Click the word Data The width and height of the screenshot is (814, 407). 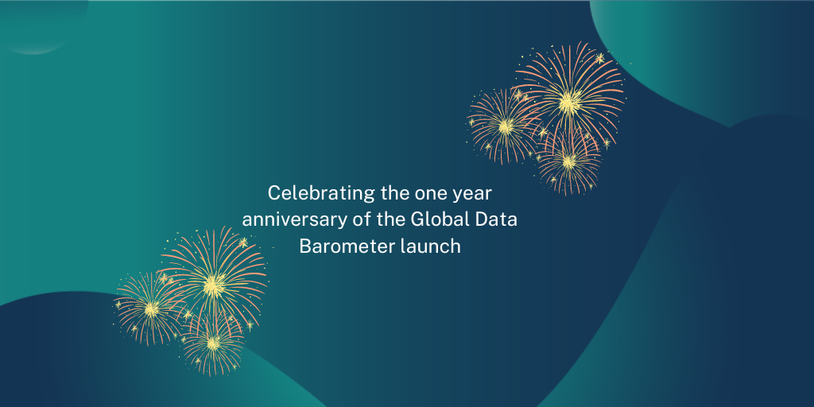click(x=496, y=219)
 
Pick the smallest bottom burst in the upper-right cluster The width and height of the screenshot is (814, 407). click(x=568, y=161)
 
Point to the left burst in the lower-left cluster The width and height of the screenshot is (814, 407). click(x=150, y=308)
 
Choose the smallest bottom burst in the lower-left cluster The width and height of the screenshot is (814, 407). click(x=212, y=343)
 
